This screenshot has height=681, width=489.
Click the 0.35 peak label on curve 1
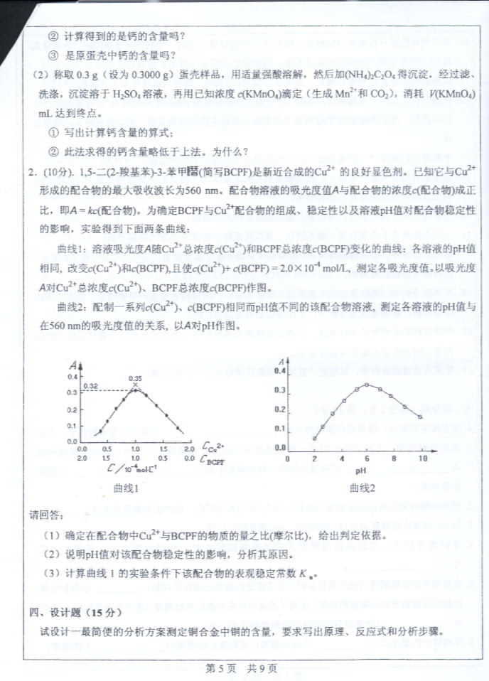(135, 378)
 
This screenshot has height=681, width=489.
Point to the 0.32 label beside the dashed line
(90, 386)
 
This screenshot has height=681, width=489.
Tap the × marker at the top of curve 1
(135, 385)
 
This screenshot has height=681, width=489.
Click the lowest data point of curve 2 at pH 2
(314, 439)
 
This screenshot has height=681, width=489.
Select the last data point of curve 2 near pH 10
(420, 417)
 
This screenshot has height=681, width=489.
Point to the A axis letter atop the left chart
(74, 365)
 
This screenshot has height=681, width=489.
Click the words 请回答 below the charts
(45, 513)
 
